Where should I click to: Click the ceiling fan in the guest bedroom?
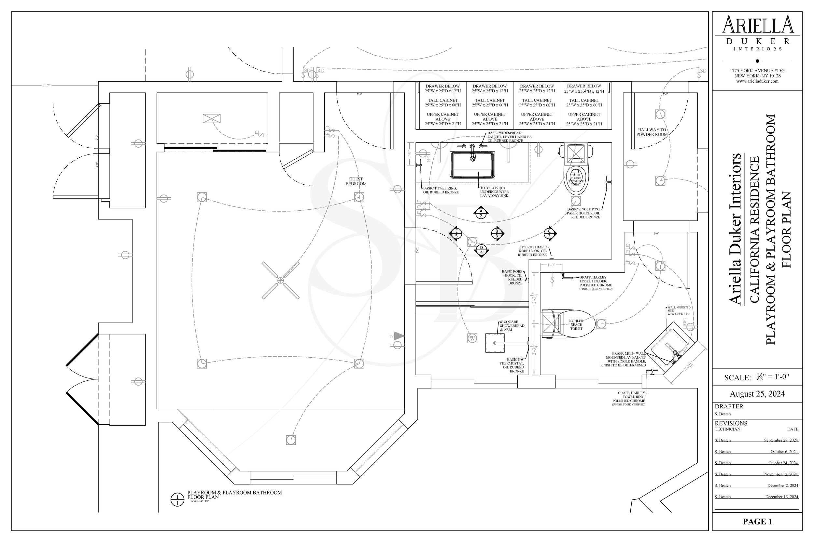click(280, 280)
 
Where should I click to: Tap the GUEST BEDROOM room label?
click(356, 181)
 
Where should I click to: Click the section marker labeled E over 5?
click(456, 234)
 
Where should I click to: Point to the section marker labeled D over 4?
click(481, 250)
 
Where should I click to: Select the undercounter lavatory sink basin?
click(472, 165)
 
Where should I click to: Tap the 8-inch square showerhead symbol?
click(494, 343)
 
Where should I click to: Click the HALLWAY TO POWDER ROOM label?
click(652, 132)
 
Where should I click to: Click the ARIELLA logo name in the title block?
click(757, 25)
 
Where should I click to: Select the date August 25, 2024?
click(757, 394)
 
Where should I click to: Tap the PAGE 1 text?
click(757, 522)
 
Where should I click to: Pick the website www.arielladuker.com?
click(757, 81)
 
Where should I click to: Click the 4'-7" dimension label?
click(46, 86)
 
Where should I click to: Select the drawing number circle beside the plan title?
click(177, 499)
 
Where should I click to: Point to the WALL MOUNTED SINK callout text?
click(679, 311)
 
